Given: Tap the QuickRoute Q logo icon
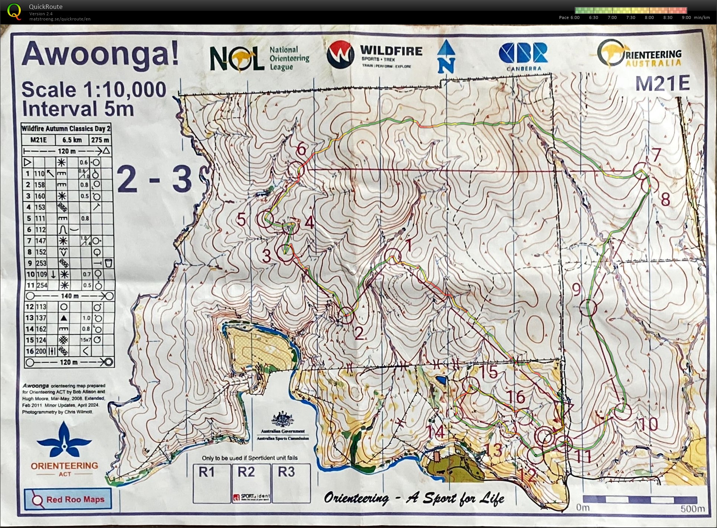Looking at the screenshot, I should [x=14, y=11].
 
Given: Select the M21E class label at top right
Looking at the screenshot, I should [x=662, y=84].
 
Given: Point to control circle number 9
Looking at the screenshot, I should [x=588, y=308].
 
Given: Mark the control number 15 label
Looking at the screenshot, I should [x=488, y=371].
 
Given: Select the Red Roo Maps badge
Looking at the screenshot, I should [x=68, y=499].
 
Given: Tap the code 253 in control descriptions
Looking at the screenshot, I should [x=41, y=263].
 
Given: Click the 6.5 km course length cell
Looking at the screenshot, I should [x=72, y=140].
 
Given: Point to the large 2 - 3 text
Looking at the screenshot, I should [x=154, y=179].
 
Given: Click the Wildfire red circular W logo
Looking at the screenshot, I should [x=340, y=54].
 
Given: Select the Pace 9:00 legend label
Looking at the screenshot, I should [x=686, y=17].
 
